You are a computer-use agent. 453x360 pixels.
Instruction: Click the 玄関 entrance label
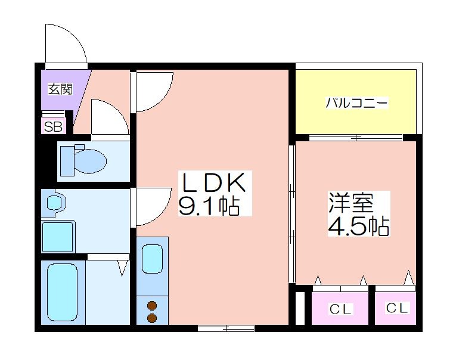click(x=60, y=89)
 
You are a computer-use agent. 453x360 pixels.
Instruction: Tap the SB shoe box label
click(x=54, y=126)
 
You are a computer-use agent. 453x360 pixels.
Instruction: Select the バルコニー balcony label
click(x=356, y=103)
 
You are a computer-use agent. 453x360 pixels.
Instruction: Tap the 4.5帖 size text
click(x=359, y=226)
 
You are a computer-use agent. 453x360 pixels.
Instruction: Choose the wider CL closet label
click(x=340, y=309)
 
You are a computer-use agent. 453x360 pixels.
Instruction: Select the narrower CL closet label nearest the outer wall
click(x=396, y=308)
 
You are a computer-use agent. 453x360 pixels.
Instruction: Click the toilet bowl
click(x=90, y=161)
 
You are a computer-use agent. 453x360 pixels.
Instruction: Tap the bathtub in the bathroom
click(x=63, y=292)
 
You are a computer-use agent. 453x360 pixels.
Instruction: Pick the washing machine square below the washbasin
click(x=58, y=237)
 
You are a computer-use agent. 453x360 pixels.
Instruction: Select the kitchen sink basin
click(x=152, y=259)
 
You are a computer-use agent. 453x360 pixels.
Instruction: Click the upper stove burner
click(x=152, y=305)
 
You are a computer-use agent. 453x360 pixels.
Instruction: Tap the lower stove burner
click(x=152, y=318)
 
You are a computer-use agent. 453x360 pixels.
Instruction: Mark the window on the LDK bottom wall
click(x=226, y=328)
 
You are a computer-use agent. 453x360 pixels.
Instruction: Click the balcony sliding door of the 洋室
click(x=356, y=138)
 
